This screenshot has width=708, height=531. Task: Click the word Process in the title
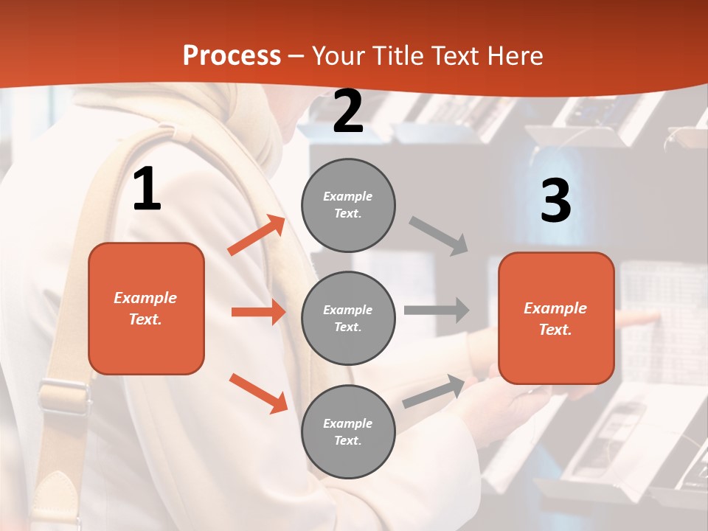tap(232, 55)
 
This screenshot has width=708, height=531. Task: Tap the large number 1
tap(147, 190)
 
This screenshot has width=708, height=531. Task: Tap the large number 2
tap(348, 111)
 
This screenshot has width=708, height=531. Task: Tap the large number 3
tap(555, 201)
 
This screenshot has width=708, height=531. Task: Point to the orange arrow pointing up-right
tap(257, 235)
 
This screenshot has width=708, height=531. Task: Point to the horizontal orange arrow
tap(258, 312)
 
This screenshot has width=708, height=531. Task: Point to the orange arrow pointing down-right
tap(258, 392)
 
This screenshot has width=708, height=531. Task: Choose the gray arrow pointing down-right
tap(439, 235)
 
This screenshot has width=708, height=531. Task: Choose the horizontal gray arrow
tap(436, 310)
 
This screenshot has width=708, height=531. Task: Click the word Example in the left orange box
tap(145, 298)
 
